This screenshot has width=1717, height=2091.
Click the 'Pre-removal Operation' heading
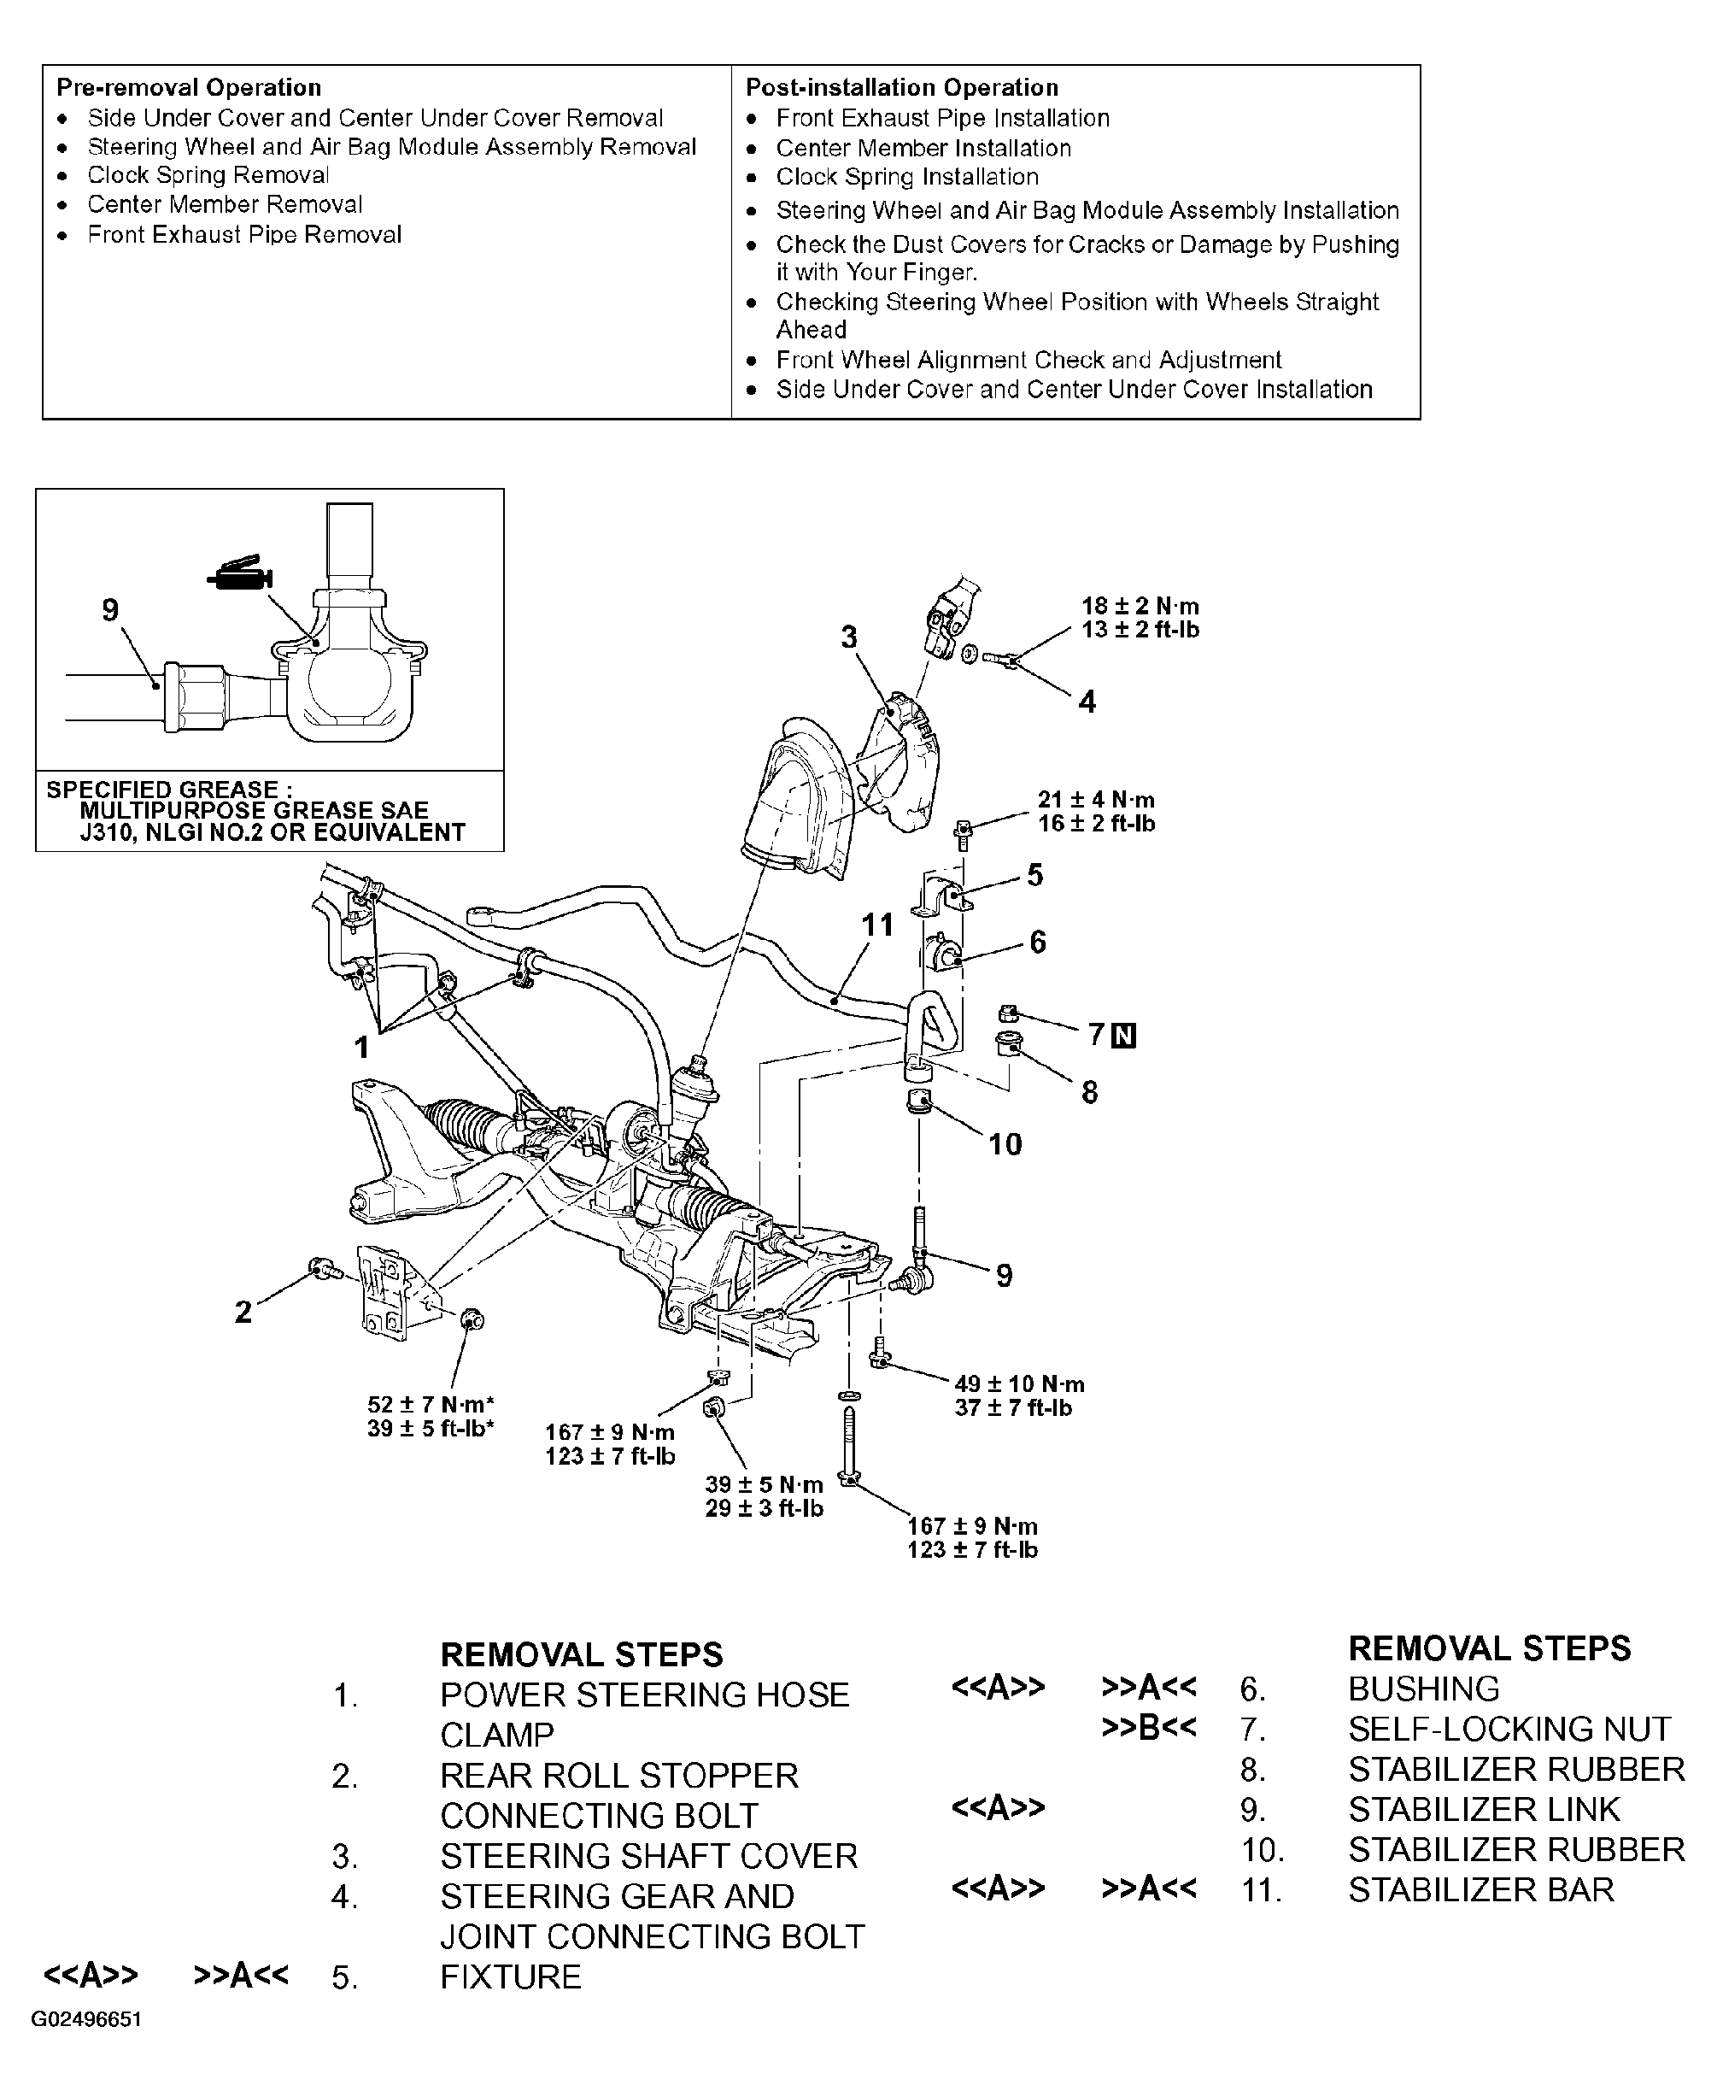point(189,87)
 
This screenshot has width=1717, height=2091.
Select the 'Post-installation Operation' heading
point(902,87)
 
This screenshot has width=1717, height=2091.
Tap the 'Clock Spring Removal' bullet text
point(208,175)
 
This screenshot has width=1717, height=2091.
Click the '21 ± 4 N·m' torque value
point(1096,799)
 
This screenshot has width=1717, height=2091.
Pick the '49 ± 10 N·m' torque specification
point(1020,1383)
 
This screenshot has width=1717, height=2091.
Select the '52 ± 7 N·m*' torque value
point(431,1404)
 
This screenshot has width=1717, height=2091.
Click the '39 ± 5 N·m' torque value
point(765,1484)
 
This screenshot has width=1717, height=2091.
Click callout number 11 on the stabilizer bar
point(877,925)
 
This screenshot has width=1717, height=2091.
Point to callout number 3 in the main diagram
point(848,637)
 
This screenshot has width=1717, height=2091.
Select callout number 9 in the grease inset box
point(110,609)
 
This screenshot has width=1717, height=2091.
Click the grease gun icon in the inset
point(239,573)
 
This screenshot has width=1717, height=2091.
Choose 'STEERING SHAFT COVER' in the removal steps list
point(649,1856)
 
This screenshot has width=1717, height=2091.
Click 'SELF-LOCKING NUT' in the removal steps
point(1509,1728)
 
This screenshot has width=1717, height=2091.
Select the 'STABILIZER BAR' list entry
point(1480,1889)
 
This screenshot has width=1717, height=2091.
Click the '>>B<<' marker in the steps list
point(1148,1727)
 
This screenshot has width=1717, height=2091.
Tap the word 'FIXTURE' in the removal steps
point(510,1976)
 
